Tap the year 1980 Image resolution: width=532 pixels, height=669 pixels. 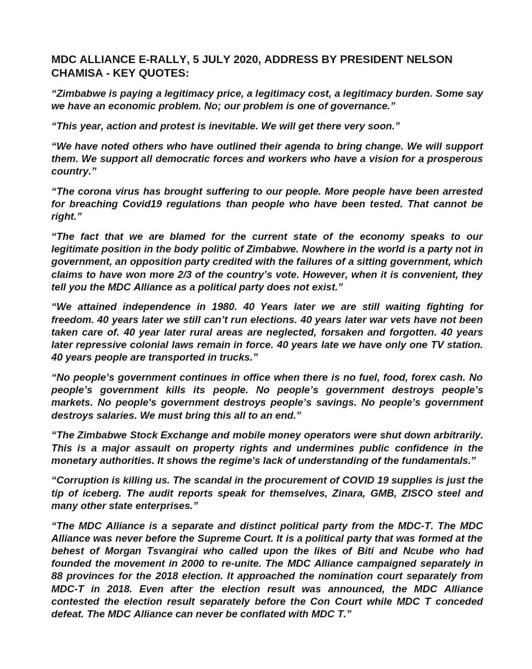[223, 307]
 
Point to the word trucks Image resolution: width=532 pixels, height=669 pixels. [233, 357]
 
